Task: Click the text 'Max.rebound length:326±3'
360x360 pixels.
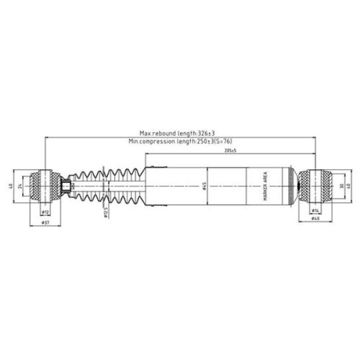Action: coord(177,134)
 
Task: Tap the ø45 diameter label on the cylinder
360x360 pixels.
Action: coord(205,186)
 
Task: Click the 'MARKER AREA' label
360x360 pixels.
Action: coord(265,186)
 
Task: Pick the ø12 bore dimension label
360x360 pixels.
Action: coord(45,212)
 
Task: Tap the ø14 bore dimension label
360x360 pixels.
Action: coord(315,212)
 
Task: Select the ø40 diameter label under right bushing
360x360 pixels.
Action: coord(315,219)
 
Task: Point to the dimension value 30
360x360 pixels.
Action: coord(341,186)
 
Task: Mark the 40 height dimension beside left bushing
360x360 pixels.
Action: coord(10,186)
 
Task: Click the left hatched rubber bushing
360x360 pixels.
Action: coord(45,186)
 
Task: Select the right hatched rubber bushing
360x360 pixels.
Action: coord(315,186)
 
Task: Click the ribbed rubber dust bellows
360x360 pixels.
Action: coord(108,186)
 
